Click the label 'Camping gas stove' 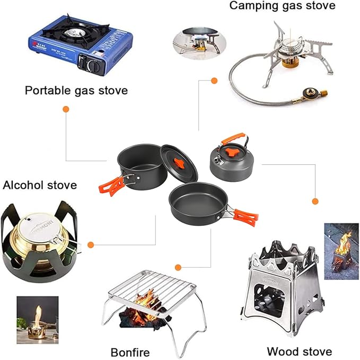pyautogui.click(x=282, y=6)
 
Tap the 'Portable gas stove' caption pyautogui.click(x=76, y=90)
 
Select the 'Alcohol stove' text pyautogui.click(x=40, y=185)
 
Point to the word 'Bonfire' pyautogui.click(x=130, y=352)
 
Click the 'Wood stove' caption pyautogui.click(x=299, y=351)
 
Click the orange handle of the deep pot pyautogui.click(x=112, y=184)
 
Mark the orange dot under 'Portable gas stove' pyautogui.click(x=66, y=109)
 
